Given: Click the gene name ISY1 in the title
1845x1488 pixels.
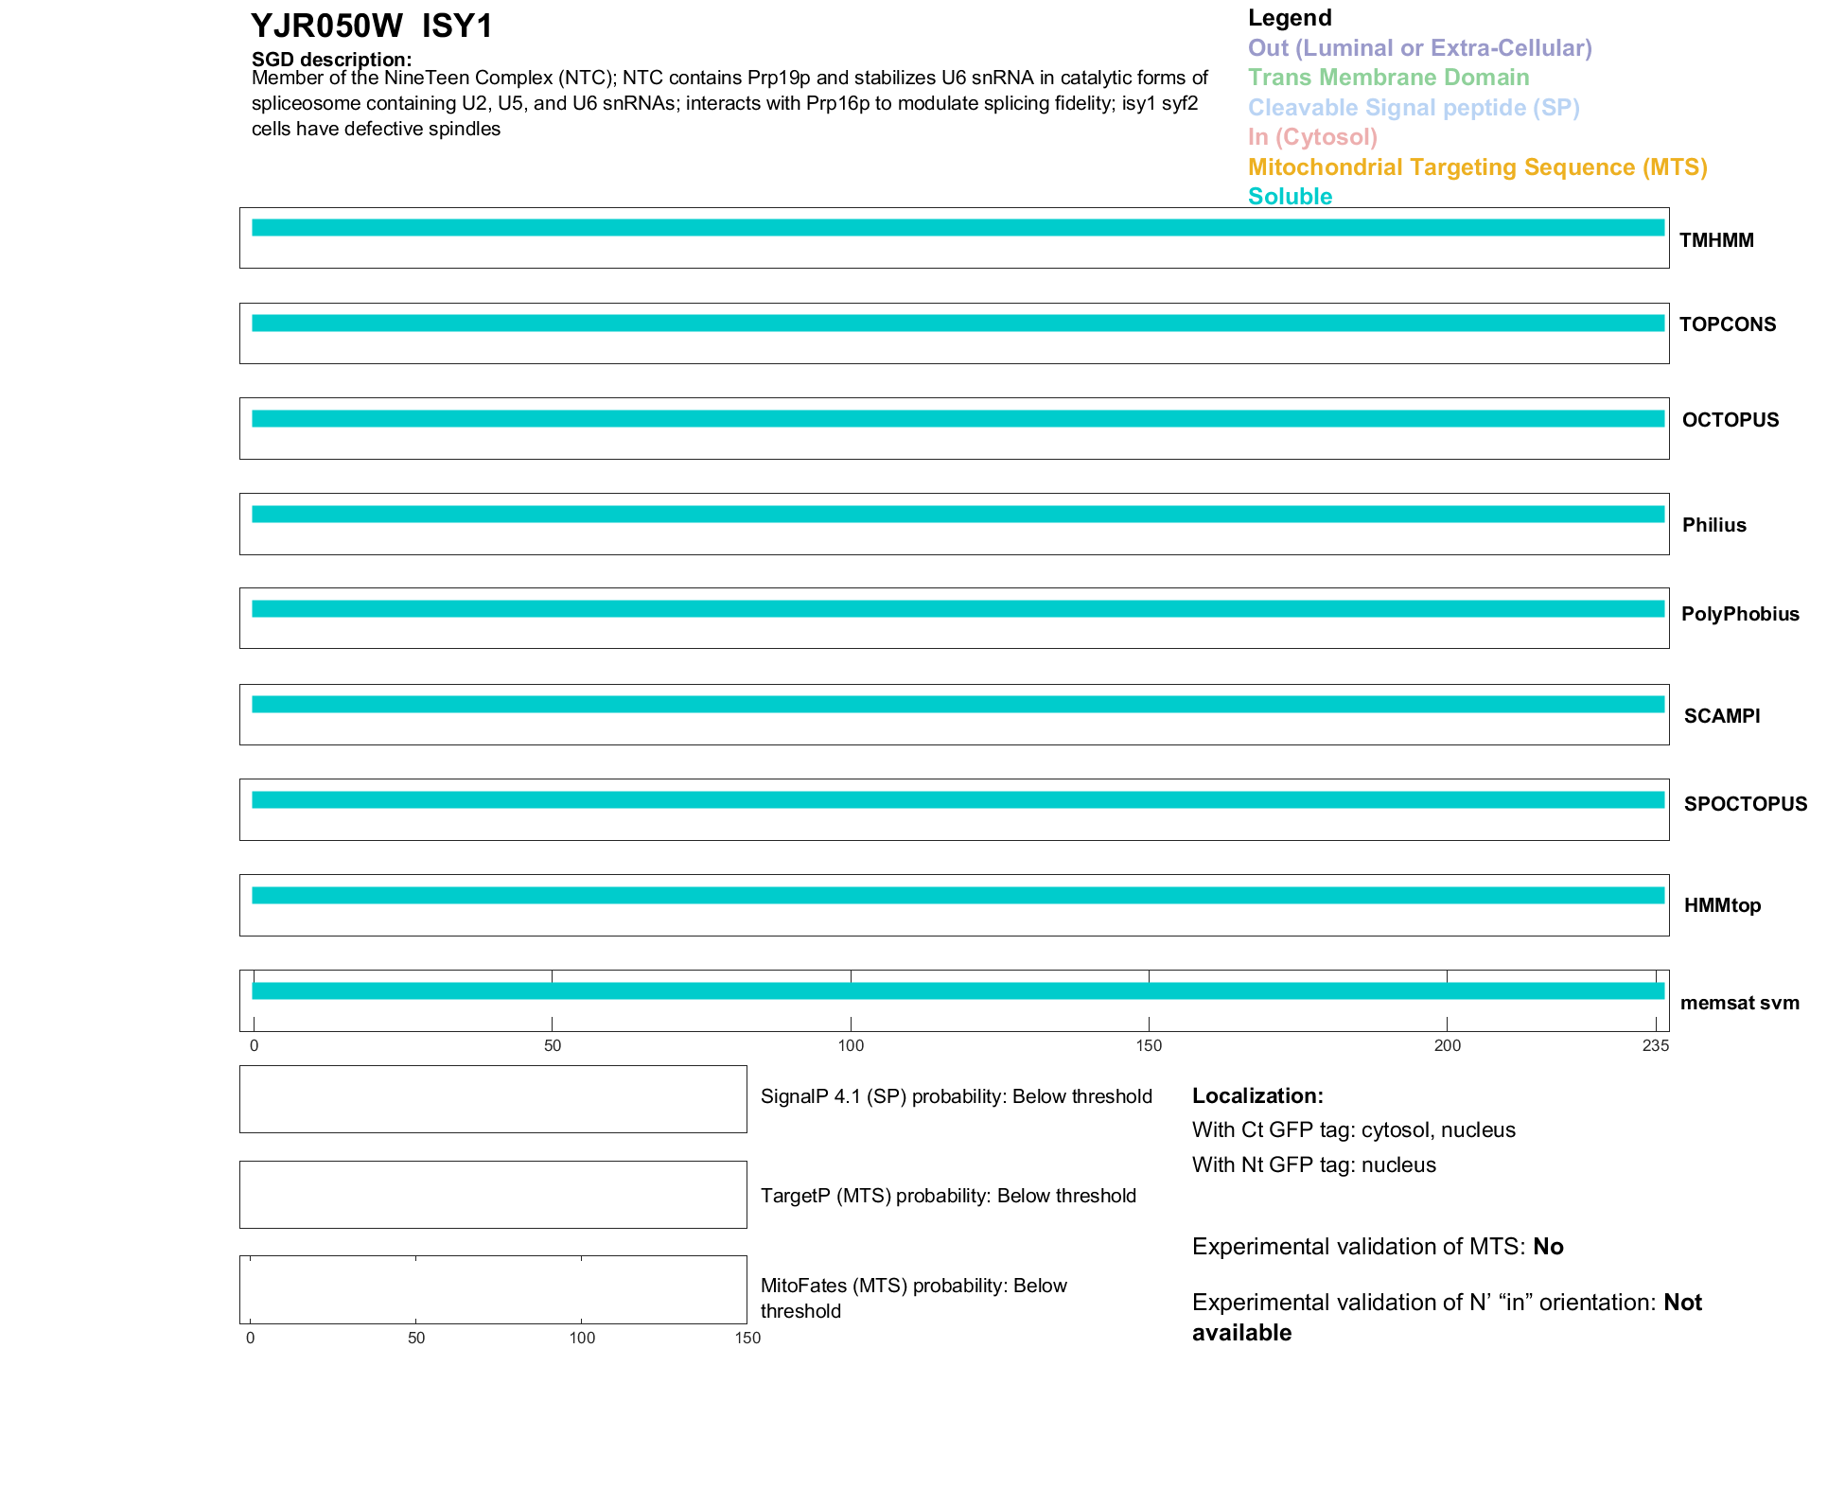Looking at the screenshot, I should tap(457, 26).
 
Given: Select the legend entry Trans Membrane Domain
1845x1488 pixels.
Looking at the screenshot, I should tap(1388, 78).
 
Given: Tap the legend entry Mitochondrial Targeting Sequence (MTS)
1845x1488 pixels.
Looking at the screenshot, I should tap(1477, 167).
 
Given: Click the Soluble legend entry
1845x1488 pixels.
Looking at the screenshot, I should tap(1290, 197).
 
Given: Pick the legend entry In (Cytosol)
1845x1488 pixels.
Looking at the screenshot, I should tap(1312, 137).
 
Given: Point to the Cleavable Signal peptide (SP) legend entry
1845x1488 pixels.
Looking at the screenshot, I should tap(1414, 108).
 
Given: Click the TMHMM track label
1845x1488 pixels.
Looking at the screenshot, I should tap(1716, 240).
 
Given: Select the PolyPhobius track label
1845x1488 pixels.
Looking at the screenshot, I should tap(1740, 614).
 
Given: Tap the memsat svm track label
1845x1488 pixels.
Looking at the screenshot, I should tap(1739, 1003).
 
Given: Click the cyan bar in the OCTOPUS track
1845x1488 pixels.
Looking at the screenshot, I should tap(958, 419).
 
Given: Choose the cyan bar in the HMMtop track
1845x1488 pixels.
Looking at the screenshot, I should tap(958, 896).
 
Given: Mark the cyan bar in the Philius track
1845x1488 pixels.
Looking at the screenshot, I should tap(958, 515).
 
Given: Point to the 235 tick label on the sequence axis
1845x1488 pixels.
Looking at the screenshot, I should tap(1655, 1045).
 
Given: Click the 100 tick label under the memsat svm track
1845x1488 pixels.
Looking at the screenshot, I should tap(851, 1045).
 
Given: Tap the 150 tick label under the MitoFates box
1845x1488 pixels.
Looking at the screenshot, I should tap(747, 1338).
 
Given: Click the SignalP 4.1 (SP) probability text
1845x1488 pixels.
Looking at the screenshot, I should tap(956, 1096).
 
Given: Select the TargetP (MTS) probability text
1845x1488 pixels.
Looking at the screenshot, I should tap(948, 1196).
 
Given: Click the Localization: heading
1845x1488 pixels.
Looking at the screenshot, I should tap(1257, 1095).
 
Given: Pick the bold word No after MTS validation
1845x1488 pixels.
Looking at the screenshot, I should tap(1548, 1247).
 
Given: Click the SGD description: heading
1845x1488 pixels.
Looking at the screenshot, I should tap(331, 60).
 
